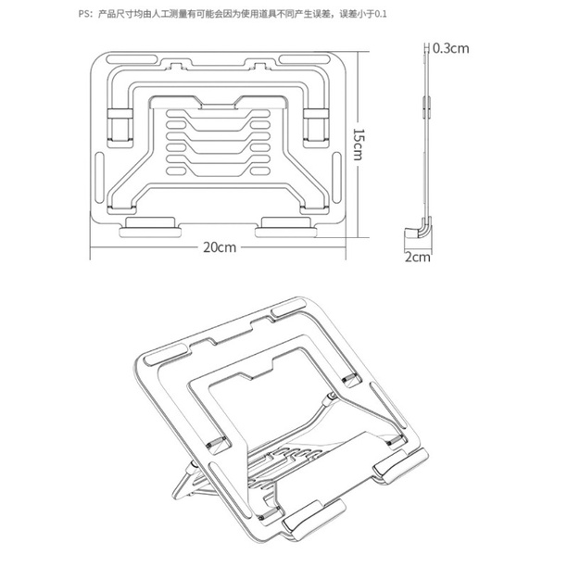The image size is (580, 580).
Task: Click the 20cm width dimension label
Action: (x=220, y=247)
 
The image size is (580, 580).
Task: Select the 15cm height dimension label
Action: (x=358, y=145)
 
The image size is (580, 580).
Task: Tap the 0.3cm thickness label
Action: (x=451, y=48)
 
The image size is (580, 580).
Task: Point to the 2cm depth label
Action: (x=418, y=257)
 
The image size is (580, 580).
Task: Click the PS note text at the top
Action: (x=233, y=14)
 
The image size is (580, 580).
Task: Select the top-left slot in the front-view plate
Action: (x=132, y=59)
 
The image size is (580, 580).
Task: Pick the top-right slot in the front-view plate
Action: (x=305, y=59)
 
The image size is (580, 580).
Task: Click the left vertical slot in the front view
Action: (x=99, y=178)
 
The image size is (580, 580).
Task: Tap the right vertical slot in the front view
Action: (x=336, y=178)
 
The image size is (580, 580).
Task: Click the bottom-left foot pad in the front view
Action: (x=150, y=228)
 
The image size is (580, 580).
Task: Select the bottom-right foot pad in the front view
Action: (x=286, y=228)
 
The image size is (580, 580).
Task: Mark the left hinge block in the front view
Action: (x=120, y=125)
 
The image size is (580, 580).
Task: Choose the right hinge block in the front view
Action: (x=316, y=125)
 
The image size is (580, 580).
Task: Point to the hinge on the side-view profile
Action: (x=427, y=107)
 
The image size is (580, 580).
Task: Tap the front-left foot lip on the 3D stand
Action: (x=314, y=519)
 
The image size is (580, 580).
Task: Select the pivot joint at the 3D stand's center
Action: (x=331, y=397)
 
